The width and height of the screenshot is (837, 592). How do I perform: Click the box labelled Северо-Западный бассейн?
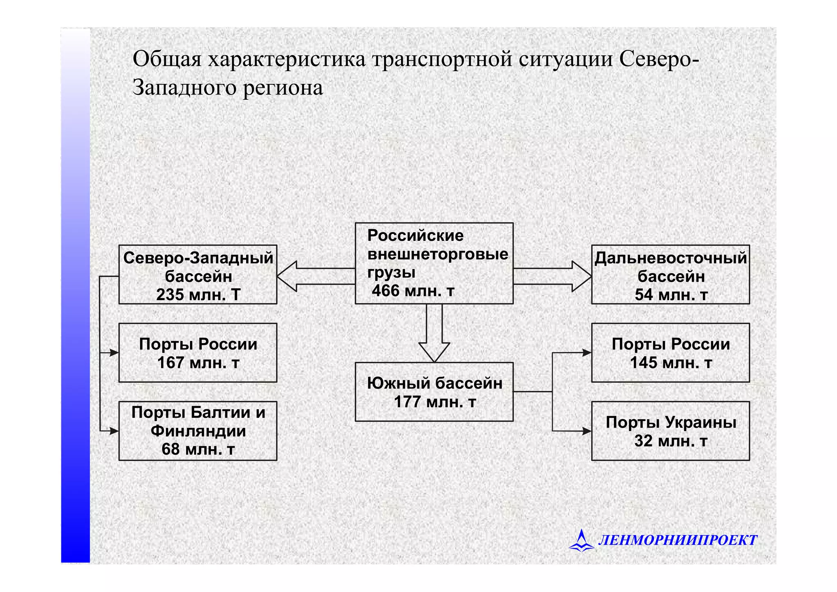[x=198, y=274]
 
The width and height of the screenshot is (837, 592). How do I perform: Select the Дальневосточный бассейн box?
[x=670, y=274]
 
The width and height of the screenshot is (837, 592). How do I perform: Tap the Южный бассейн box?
[x=434, y=392]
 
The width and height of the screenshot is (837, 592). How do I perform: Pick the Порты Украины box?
[x=670, y=431]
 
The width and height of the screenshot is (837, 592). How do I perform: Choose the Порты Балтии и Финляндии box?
[x=198, y=431]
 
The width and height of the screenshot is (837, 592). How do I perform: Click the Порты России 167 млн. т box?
[x=198, y=353]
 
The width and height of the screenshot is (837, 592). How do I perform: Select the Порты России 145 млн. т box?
[x=670, y=353]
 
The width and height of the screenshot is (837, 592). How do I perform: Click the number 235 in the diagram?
[x=170, y=295]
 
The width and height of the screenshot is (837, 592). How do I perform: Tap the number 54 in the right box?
[x=644, y=295]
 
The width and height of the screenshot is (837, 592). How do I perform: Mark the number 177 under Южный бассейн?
[x=407, y=402]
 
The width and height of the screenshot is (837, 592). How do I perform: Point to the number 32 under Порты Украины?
[x=643, y=441]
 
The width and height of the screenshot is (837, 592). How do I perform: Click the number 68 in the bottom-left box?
[x=171, y=449]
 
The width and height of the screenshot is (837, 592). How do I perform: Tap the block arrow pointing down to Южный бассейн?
[x=434, y=333]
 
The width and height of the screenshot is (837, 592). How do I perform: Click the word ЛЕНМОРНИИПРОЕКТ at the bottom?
[x=678, y=540]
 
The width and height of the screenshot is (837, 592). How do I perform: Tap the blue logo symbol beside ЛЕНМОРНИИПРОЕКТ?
[x=581, y=540]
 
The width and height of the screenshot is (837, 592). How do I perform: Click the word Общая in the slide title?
[x=167, y=59]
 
